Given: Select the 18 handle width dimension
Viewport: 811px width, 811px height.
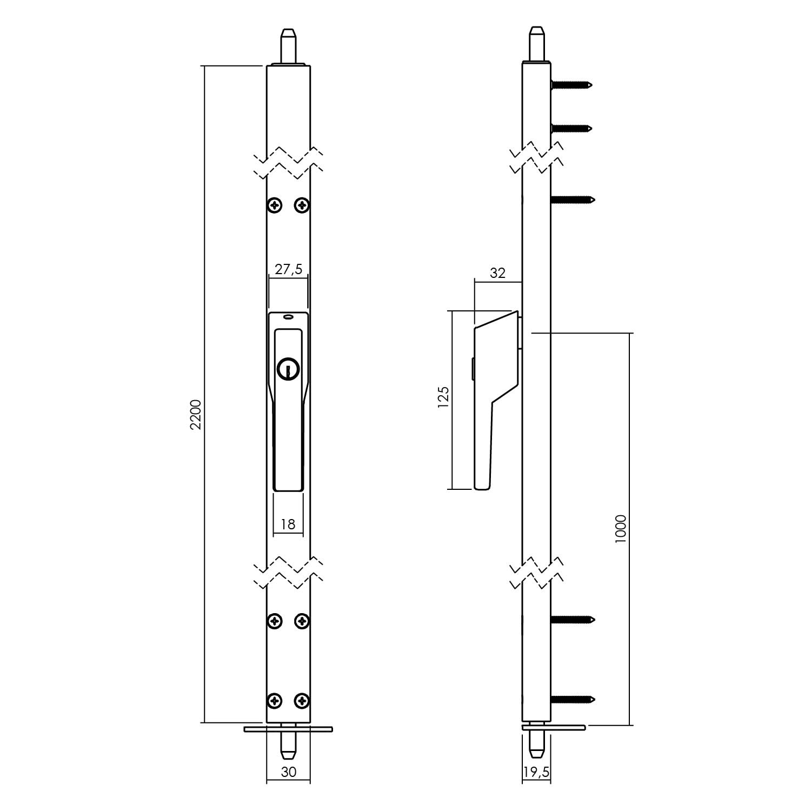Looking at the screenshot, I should coord(288,524).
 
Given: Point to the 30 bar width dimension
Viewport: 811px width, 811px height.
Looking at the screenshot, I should coord(289,772).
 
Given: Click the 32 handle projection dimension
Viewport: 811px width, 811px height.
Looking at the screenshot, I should coord(497,273).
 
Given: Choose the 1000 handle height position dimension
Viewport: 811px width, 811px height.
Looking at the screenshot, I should coord(620,529).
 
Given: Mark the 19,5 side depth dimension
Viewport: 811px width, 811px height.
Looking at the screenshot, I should coord(536,772).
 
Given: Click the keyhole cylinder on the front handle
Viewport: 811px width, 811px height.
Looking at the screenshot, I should coord(288,369).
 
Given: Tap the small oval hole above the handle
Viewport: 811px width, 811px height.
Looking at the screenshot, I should coord(288,317).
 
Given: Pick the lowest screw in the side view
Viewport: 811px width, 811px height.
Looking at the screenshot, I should coord(572,700).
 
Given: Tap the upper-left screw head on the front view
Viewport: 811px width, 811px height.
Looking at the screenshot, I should coord(276,205).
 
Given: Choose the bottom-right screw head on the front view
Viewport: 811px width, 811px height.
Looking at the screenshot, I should coord(302,701).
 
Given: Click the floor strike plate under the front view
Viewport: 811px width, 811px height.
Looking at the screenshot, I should coord(288,729).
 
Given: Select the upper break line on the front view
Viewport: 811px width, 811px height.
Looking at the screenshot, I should coord(289,162).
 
